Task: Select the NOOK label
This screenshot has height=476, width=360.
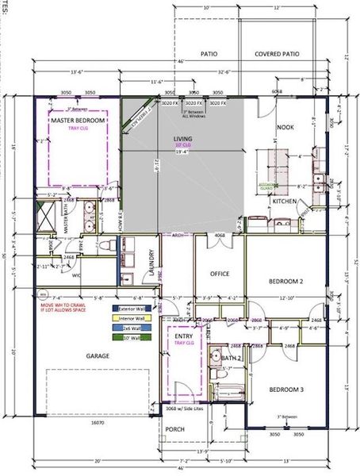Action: point(285,128)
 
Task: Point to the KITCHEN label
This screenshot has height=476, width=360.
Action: point(284,202)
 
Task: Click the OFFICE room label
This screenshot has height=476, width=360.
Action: point(220,274)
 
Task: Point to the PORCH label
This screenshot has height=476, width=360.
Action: point(174,431)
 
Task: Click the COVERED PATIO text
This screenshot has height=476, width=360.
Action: point(277,55)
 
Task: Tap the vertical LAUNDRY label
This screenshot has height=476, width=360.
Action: point(151,263)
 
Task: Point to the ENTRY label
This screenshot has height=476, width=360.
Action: point(182,336)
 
